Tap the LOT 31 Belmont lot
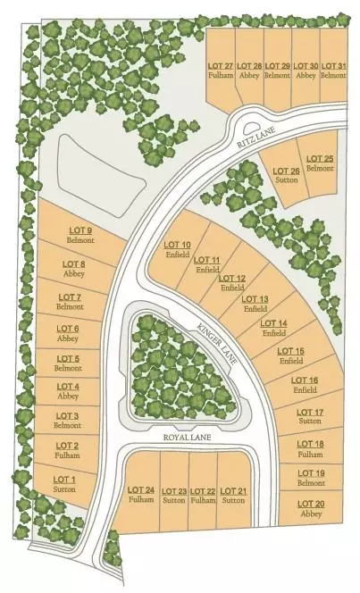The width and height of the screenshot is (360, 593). point(333,71)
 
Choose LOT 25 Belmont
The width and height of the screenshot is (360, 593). point(319,163)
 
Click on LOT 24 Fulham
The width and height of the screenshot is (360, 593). point(141,496)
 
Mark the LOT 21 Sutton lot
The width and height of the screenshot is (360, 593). point(232,496)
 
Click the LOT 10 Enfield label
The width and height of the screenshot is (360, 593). point(178,249)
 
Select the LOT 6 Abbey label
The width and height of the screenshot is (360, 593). point(69,333)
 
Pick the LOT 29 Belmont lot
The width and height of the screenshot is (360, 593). point(278,71)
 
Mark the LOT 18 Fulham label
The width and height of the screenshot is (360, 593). point(310,448)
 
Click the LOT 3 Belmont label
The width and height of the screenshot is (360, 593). point(67,421)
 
